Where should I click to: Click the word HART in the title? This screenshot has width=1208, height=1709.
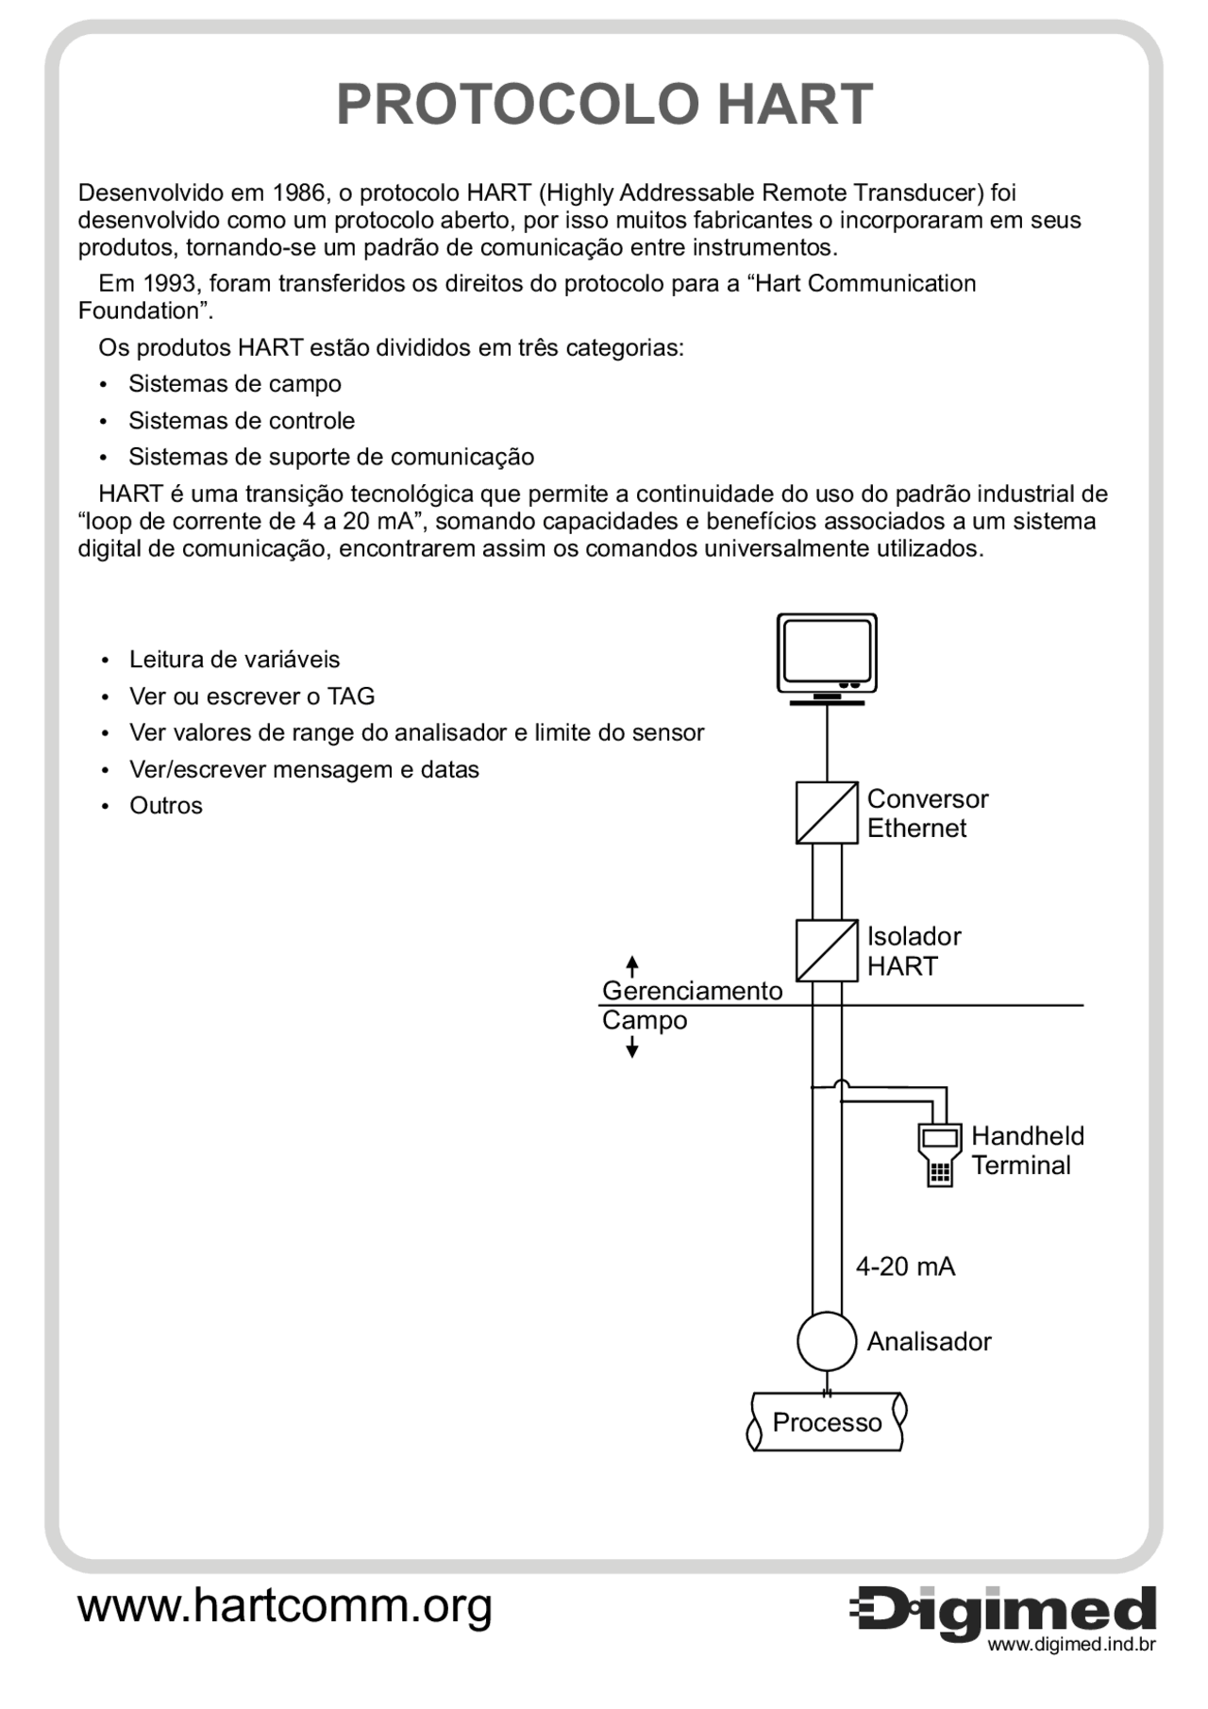point(794,104)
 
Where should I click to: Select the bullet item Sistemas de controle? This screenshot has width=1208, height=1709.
point(242,421)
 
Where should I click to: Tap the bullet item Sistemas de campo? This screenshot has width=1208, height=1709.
point(234,384)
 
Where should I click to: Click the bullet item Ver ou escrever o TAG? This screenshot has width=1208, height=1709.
point(252,696)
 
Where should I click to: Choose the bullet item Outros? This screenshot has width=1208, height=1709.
point(166,806)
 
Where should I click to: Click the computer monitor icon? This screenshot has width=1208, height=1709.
point(827,656)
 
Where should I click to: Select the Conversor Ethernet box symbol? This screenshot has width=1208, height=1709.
point(827,813)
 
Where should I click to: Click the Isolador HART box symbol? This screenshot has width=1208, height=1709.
point(827,950)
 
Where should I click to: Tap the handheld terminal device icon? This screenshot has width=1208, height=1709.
point(939,1154)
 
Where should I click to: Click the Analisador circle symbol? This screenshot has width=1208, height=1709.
point(827,1341)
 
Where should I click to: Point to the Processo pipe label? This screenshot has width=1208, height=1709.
point(827,1422)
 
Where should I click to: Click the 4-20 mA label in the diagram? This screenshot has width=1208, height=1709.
point(905,1266)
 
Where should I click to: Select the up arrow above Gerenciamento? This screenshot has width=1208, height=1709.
point(632,965)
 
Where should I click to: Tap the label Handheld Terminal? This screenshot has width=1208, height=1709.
point(1027,1150)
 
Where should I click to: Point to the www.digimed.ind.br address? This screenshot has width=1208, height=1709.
point(1071,1646)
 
